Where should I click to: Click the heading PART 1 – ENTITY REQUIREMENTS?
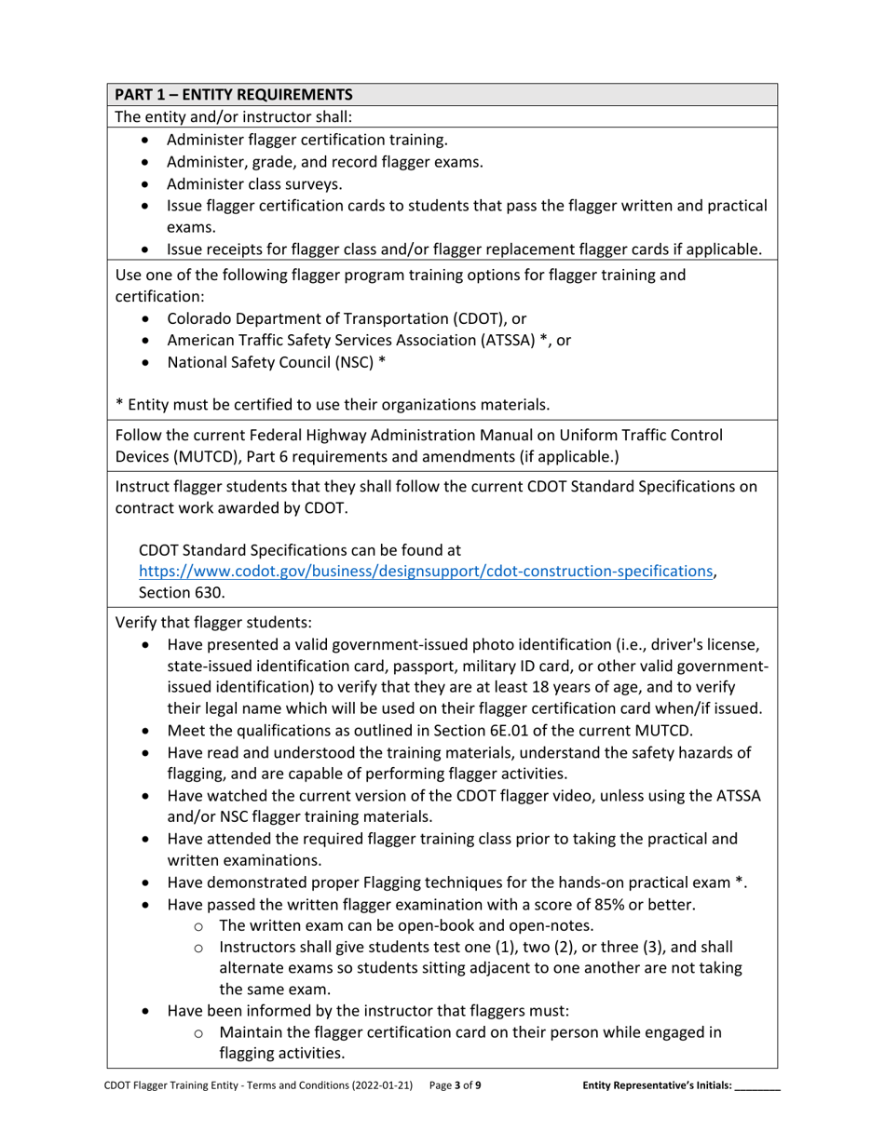click(x=233, y=94)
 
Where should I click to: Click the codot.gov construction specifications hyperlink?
click(x=427, y=572)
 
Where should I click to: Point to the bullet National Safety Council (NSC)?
click(x=276, y=362)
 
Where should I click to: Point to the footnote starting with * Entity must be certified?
click(x=332, y=404)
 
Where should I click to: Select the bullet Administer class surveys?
click(x=254, y=184)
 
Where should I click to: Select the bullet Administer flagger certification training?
click(x=307, y=140)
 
